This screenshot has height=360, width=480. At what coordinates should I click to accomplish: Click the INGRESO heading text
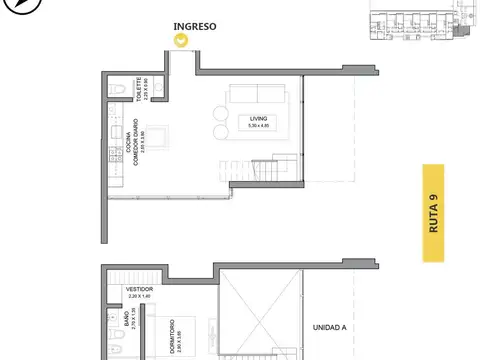click(194, 27)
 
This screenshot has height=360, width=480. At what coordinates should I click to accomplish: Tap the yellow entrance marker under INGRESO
click(181, 42)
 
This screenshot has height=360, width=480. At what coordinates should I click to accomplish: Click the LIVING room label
click(260, 118)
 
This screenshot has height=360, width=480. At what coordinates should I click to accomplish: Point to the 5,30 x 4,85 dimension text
click(260, 127)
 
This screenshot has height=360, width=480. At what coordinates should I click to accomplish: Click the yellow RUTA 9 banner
click(434, 213)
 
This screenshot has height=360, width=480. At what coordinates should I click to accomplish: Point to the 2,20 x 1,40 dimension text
click(139, 296)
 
